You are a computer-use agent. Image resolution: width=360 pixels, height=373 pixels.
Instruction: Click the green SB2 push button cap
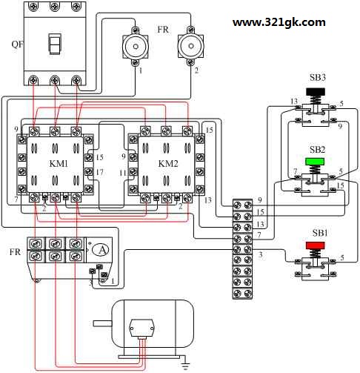click(315, 162)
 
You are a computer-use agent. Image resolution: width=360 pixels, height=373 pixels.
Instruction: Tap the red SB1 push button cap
click(315, 245)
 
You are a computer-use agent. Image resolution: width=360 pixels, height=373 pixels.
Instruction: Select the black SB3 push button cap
click(316, 92)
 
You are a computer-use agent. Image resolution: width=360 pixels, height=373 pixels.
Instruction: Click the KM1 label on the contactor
click(59, 164)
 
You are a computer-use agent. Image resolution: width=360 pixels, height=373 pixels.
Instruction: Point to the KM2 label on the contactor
click(168, 164)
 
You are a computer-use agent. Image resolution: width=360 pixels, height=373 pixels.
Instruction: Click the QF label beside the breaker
click(18, 44)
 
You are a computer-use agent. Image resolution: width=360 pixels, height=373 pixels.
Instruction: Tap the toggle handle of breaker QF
click(54, 44)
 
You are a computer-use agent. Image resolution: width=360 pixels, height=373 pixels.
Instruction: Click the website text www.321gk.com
click(279, 22)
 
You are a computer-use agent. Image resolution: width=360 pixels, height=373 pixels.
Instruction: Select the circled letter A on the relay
click(101, 250)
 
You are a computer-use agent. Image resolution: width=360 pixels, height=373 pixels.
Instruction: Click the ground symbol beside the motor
click(186, 364)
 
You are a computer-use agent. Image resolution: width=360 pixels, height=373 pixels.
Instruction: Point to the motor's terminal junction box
click(141, 328)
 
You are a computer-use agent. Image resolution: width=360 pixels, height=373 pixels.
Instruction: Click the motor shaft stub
click(102, 323)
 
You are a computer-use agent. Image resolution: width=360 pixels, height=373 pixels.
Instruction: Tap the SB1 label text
click(320, 233)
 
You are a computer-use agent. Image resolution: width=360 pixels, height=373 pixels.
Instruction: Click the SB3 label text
click(318, 78)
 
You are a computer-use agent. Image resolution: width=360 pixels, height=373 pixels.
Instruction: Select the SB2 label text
click(318, 150)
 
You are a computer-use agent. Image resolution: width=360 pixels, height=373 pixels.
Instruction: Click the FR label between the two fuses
click(163, 30)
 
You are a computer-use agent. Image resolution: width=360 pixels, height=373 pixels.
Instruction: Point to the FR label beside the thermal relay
click(15, 252)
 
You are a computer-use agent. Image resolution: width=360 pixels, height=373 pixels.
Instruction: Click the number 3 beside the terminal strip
click(260, 254)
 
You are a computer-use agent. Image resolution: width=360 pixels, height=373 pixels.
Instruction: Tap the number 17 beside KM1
click(99, 172)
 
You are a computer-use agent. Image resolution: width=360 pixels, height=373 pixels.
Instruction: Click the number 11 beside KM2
click(123, 173)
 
